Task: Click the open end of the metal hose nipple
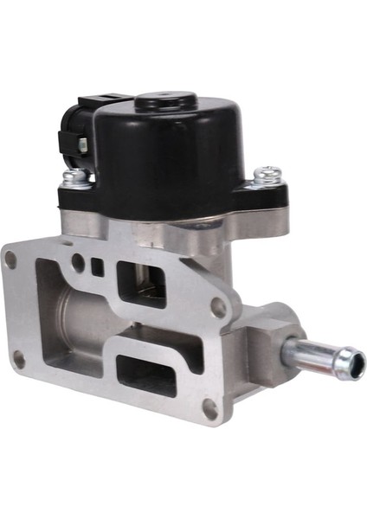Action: [x=354, y=362]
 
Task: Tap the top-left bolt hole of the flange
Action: [x=11, y=258]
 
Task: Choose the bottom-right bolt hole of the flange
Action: [x=209, y=407]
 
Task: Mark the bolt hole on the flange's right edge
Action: [x=219, y=307]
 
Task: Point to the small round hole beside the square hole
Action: [x=79, y=259]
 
